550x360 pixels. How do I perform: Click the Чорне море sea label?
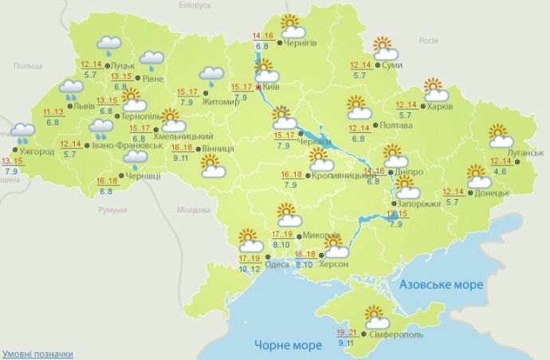click(x=288, y=345)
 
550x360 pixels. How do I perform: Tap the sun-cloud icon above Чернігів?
click(x=291, y=27)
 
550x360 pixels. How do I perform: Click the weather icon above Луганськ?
click(x=501, y=136)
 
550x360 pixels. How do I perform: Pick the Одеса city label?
click(x=277, y=264)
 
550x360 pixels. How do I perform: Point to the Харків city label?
click(x=439, y=106)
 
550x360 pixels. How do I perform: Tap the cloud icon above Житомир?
click(x=212, y=76)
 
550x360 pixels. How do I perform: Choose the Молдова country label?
click(x=191, y=210)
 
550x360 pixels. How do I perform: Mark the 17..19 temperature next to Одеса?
click(x=249, y=260)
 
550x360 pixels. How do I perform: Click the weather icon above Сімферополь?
click(x=375, y=318)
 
